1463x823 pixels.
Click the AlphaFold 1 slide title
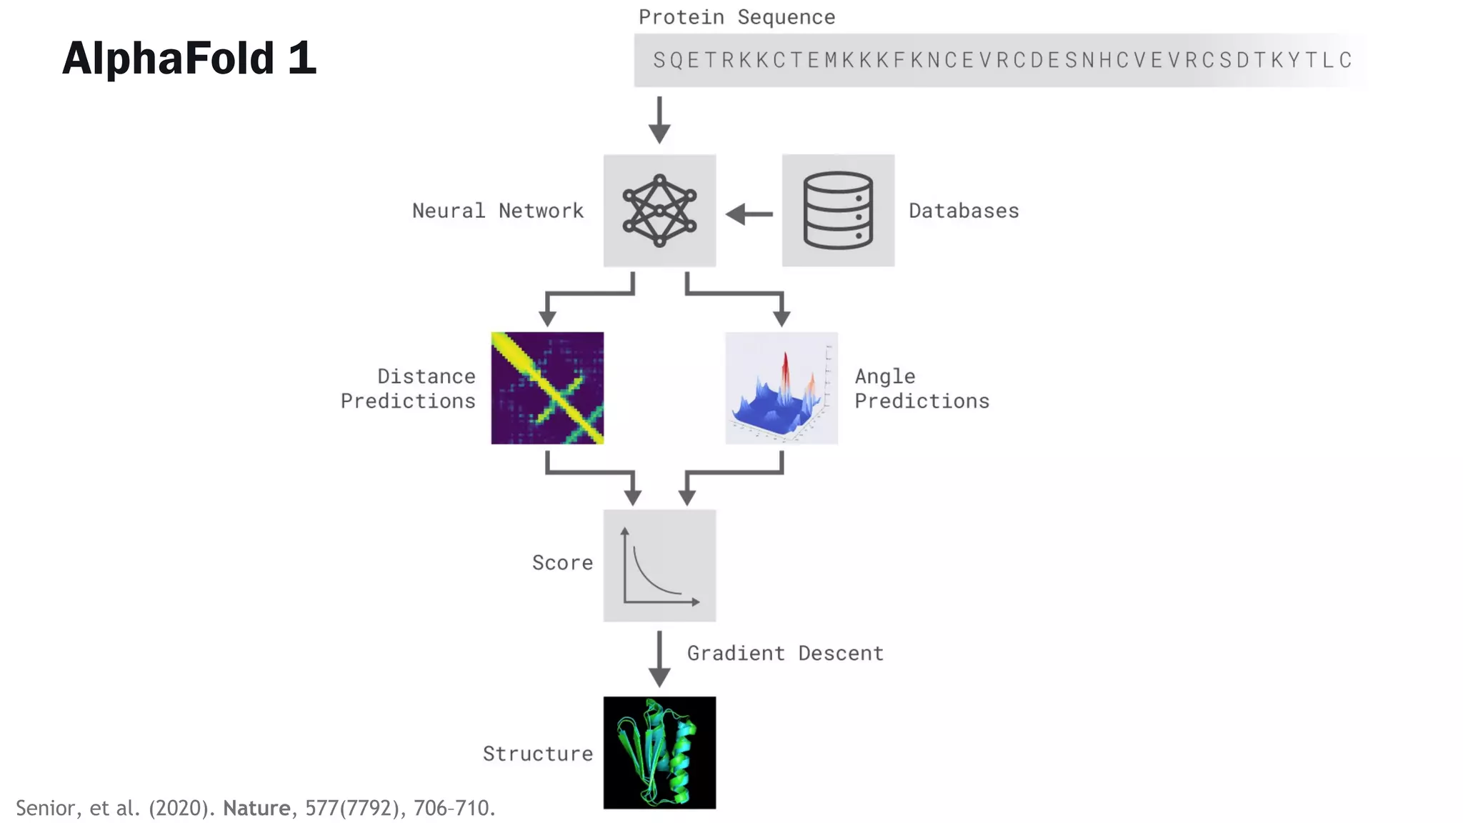pos(189,58)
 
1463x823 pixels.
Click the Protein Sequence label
pos(737,17)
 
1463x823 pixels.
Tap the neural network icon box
pos(659,211)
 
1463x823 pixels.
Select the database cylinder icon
pos(838,211)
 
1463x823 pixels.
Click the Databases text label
pos(964,211)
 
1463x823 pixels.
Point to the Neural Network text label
pos(498,211)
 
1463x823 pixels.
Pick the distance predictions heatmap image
pos(547,388)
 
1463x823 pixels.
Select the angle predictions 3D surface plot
pos(782,388)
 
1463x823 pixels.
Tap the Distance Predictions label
pos(408,389)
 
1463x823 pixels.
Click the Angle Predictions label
pos(922,389)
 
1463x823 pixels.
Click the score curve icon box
pos(659,565)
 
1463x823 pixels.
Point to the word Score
pos(562,563)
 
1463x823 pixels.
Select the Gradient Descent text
pos(785,653)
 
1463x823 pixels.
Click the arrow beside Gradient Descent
pos(659,659)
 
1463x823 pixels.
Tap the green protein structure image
pos(659,753)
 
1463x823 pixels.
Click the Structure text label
pos(538,754)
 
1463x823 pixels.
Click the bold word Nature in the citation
pos(256,808)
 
